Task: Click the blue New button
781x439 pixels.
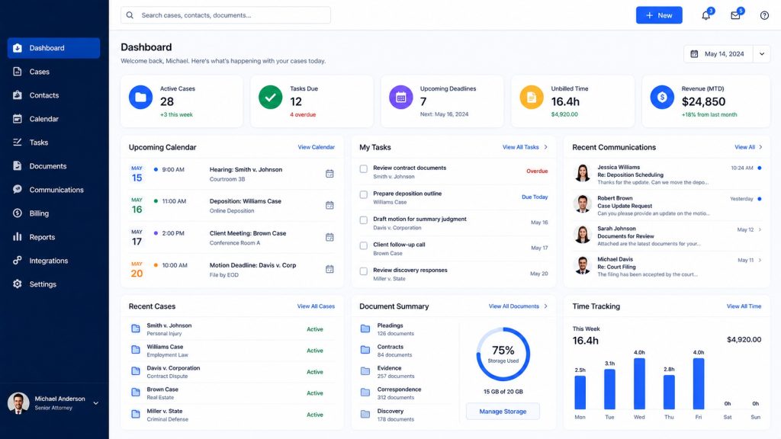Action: click(658, 15)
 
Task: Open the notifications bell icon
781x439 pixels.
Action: click(705, 15)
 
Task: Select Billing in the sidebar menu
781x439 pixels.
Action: click(39, 213)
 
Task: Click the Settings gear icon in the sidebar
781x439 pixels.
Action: click(18, 284)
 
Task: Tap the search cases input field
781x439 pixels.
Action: click(226, 15)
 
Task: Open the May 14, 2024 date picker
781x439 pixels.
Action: click(727, 54)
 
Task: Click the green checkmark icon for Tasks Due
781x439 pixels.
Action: click(271, 98)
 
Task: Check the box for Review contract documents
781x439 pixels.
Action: click(364, 169)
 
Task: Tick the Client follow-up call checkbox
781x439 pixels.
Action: click(364, 246)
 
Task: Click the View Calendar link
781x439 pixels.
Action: click(317, 147)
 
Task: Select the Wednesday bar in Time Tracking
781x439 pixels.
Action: click(639, 384)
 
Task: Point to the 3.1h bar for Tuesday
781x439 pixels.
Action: click(609, 389)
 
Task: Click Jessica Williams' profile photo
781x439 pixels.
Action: click(582, 173)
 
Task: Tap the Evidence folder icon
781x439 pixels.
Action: click(365, 371)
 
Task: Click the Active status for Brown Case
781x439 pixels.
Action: click(315, 393)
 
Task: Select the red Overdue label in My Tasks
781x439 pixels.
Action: click(537, 171)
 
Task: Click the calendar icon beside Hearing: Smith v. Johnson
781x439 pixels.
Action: click(329, 174)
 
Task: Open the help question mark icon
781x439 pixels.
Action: click(764, 15)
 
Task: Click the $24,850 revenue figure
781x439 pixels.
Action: click(703, 101)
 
